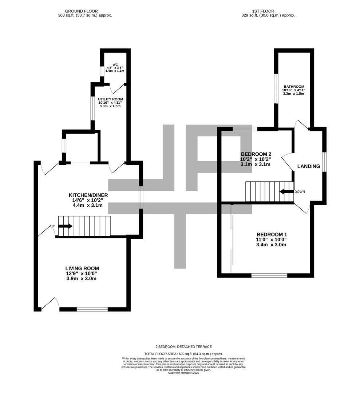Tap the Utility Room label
tap(110, 99)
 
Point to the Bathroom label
tap(293, 87)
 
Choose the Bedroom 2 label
tap(256, 154)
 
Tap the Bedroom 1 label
tap(271, 234)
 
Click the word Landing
tap(309, 166)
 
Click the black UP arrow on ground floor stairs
tap(65, 226)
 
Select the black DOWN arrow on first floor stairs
tap(286, 192)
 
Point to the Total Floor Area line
tap(183, 354)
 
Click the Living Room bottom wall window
tap(92, 309)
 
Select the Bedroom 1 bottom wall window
tap(269, 275)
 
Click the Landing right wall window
tap(324, 162)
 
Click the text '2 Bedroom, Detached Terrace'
tap(183, 347)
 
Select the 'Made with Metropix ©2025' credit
tap(183, 373)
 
